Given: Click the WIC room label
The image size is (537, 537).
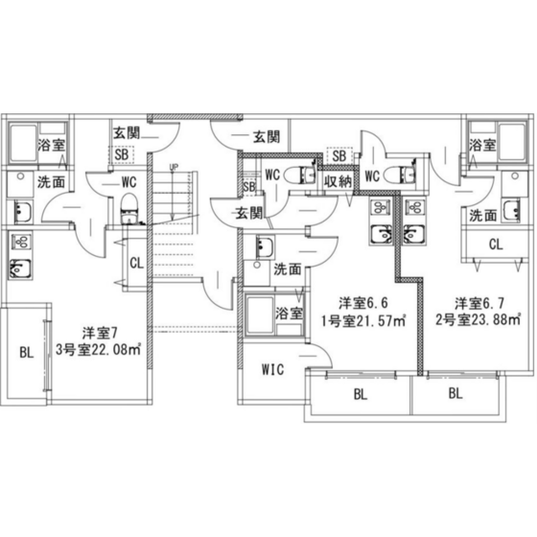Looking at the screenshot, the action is (272, 369).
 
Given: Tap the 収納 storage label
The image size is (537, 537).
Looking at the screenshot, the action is (338, 182).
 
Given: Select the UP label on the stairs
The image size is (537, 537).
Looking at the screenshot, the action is (174, 168).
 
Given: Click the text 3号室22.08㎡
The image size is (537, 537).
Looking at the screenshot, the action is (99, 350).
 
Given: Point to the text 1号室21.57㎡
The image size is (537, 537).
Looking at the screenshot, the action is (363, 321).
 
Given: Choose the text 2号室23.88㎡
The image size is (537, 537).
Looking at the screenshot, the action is (479, 320).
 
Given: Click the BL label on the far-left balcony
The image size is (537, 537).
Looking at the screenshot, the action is (27, 352).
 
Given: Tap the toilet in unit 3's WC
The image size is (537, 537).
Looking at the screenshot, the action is (129, 208).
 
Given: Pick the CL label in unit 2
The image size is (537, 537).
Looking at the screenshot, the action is (496, 245).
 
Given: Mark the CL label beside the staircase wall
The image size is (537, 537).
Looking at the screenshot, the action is (136, 264).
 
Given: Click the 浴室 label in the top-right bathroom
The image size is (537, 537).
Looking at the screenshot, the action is (482, 145).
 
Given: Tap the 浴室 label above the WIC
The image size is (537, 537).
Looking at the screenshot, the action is (289, 313).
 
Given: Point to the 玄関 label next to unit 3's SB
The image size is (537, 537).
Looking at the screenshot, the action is (127, 133).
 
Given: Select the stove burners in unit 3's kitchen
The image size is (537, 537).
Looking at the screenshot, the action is (21, 243).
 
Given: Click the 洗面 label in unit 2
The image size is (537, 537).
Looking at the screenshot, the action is (483, 216).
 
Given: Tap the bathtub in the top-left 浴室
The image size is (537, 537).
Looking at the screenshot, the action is (23, 143).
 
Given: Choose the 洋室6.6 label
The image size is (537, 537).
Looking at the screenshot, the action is (363, 303).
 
